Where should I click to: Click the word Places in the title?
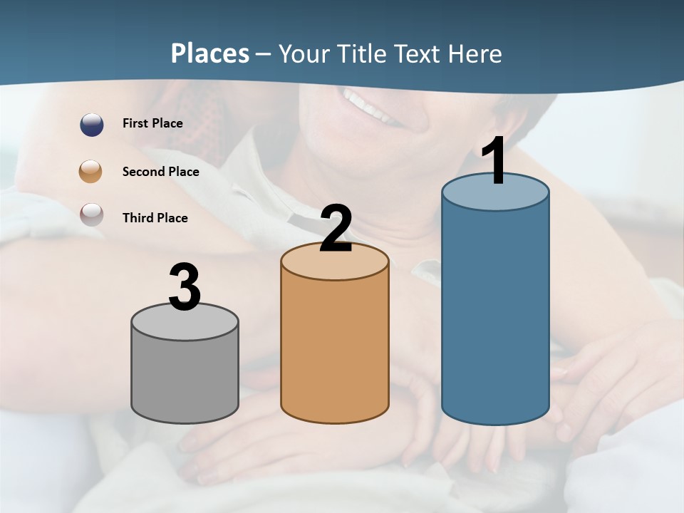210,53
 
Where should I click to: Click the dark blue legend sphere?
92,124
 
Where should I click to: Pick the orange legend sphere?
92,171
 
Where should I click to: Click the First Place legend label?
152,123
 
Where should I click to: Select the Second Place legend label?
160,172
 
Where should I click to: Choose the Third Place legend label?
155,218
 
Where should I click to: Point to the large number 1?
494,162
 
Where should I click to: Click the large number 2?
336,229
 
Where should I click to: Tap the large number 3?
185,288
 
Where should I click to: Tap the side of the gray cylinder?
185,378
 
